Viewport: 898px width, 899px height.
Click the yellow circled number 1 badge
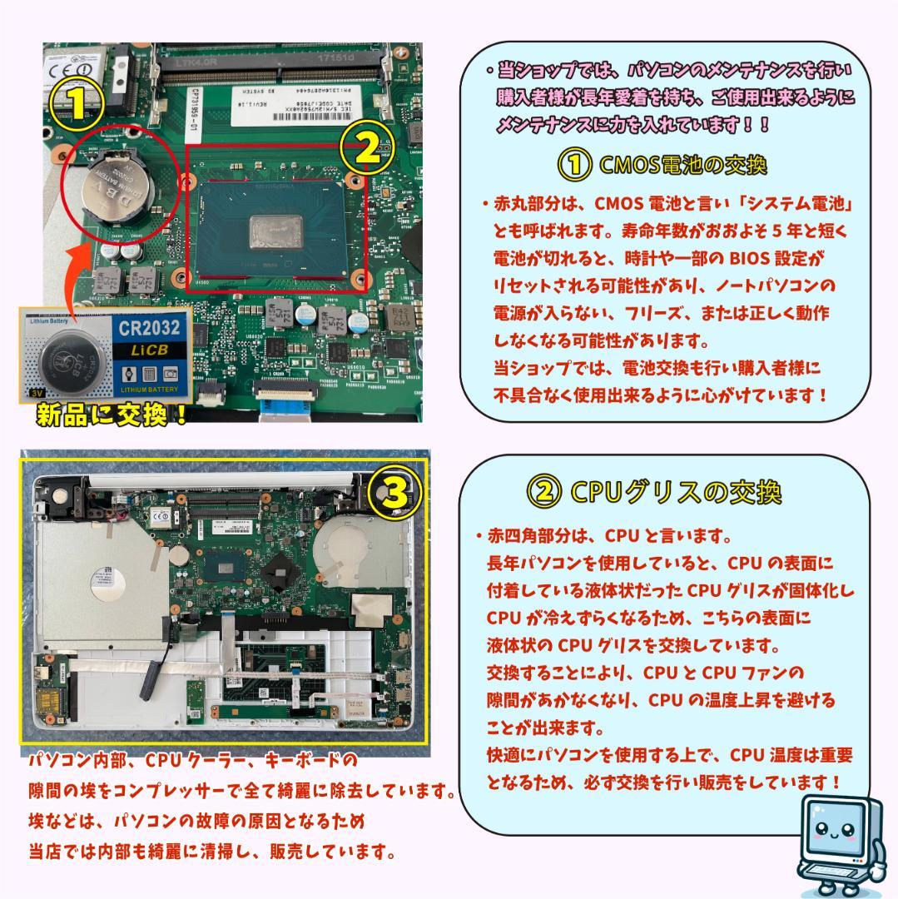[x=76, y=103]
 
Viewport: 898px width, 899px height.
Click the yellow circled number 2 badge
[x=367, y=149]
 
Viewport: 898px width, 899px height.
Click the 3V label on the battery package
[x=37, y=390]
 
